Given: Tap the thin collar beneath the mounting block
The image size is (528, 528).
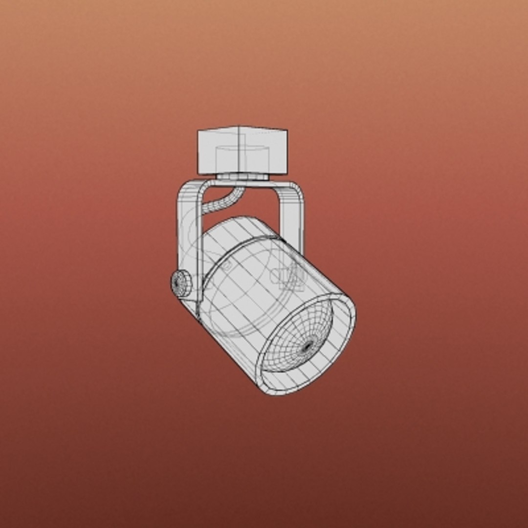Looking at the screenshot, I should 242,176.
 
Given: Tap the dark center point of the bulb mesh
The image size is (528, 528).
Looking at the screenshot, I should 308,347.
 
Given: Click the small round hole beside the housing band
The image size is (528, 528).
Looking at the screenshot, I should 227,266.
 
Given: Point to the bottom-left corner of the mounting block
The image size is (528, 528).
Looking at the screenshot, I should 198,173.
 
